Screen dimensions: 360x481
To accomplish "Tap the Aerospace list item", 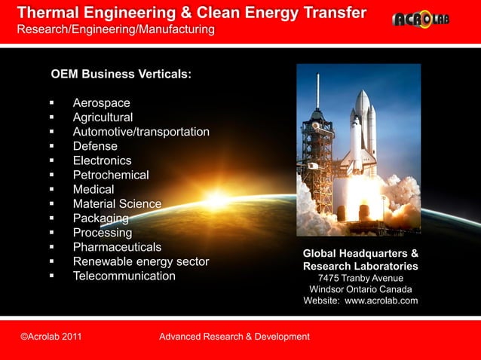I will (101, 103).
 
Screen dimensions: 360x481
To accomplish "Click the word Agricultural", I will (103, 117).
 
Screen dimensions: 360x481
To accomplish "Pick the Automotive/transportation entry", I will (141, 132).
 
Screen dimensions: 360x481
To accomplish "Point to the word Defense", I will (95, 146).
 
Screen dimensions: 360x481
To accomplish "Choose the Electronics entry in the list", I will (102, 160).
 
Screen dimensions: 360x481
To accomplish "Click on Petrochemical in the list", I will (111, 175).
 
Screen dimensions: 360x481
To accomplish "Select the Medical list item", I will (93, 189).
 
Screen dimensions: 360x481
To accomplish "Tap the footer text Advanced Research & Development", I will (234, 336).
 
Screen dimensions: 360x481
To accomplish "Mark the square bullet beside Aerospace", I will (52, 103).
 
